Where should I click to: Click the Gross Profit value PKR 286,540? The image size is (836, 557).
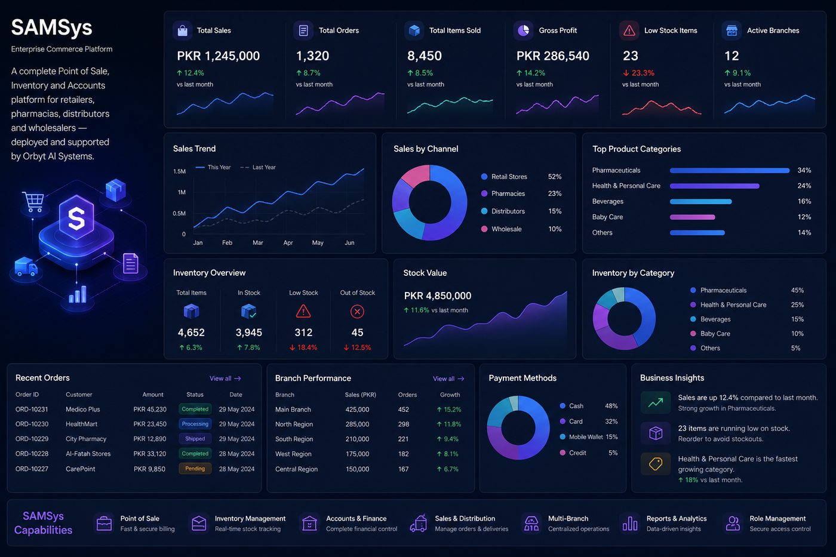tap(552, 56)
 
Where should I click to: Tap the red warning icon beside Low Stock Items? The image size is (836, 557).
tap(629, 30)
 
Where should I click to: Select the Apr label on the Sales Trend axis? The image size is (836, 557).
tap(288, 242)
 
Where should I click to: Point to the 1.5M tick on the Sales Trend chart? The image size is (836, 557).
tap(179, 171)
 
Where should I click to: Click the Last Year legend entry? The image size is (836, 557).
tap(258, 167)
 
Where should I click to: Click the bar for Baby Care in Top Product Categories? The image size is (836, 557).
tap(692, 217)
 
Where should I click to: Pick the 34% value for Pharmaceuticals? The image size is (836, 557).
tap(804, 170)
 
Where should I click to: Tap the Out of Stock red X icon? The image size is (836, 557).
tap(357, 312)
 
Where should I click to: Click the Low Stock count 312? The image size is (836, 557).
tap(303, 333)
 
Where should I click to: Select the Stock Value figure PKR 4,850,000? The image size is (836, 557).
tap(437, 296)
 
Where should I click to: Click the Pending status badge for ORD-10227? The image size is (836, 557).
tap(195, 469)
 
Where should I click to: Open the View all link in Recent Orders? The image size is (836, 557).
tap(225, 378)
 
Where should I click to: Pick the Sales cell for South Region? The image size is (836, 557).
tap(357, 439)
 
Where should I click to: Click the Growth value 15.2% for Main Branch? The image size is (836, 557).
tap(449, 410)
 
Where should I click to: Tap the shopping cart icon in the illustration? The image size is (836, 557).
tap(33, 201)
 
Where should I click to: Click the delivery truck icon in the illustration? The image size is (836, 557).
tap(26, 266)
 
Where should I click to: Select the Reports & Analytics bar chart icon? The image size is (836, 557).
tap(629, 523)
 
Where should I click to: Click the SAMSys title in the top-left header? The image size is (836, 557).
tap(51, 28)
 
